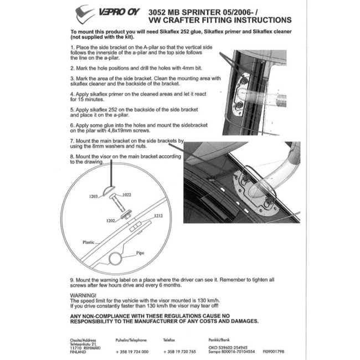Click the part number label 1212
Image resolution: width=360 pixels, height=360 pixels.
pos(158,216)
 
